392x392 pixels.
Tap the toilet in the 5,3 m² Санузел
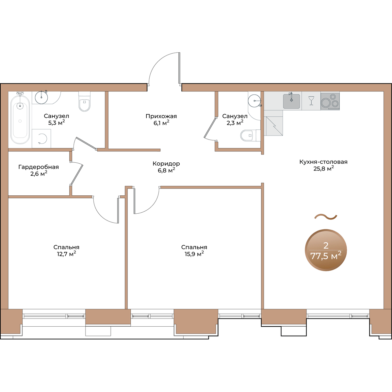click(x=84, y=102)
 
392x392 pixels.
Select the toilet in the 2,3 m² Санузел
click(x=250, y=135)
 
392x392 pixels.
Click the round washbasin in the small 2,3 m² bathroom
click(x=254, y=101)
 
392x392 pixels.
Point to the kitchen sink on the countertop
click(x=291, y=101)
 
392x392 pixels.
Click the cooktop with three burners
click(x=330, y=101)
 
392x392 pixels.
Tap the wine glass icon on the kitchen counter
click(x=311, y=101)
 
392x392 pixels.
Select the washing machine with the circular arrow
click(x=41, y=139)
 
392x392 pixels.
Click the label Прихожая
click(x=161, y=116)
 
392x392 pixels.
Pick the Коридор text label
click(x=166, y=163)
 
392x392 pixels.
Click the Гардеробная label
click(x=39, y=167)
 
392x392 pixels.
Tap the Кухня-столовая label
click(x=323, y=162)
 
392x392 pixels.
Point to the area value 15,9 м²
click(x=194, y=254)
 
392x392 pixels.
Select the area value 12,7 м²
click(x=67, y=254)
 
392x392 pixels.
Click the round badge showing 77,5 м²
click(x=326, y=250)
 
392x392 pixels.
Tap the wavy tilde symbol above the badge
click(x=326, y=217)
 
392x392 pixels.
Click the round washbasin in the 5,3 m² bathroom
click(x=41, y=97)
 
